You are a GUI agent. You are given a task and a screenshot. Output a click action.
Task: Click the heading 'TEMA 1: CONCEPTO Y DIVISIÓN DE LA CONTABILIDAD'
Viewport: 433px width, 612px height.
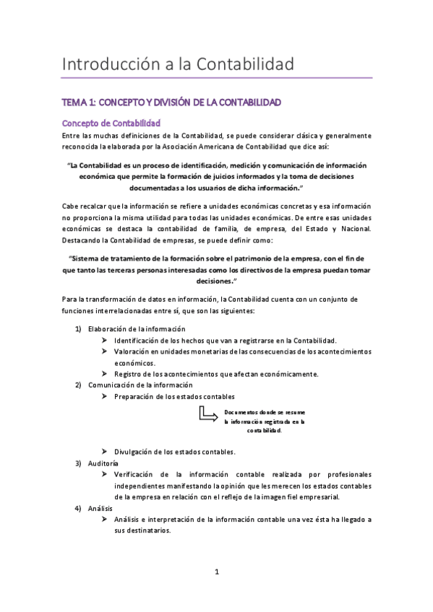[x=171, y=103]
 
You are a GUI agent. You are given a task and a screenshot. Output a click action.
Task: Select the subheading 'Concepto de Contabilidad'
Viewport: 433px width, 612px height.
[x=111, y=123]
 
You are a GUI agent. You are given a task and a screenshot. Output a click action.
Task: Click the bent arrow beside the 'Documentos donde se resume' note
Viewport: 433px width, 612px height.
[x=208, y=414]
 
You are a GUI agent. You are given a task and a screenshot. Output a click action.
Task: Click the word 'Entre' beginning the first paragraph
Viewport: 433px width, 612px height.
[x=72, y=136]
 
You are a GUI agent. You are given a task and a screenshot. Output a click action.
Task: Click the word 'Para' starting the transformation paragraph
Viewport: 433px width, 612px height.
[x=71, y=299]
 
